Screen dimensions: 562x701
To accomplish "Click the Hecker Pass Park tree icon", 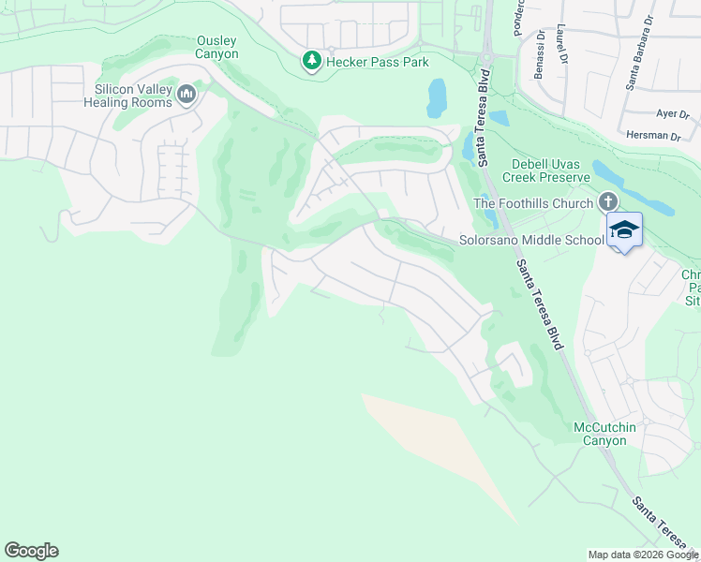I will pyautogui.click(x=311, y=62).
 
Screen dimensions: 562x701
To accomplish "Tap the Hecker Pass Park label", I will pyautogui.click(x=378, y=63).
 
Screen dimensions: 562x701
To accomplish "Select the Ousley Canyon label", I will pyautogui.click(x=216, y=47).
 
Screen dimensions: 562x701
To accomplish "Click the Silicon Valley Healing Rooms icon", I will pyautogui.click(x=186, y=95).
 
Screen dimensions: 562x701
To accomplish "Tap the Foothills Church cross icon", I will pyautogui.click(x=607, y=202).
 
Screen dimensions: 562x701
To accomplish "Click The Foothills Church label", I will pyautogui.click(x=533, y=203).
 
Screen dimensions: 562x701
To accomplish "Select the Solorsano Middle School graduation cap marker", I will pyautogui.click(x=624, y=229).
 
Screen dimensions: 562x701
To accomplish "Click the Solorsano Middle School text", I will pyautogui.click(x=531, y=240).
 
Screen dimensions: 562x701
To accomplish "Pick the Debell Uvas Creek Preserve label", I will pyautogui.click(x=545, y=170).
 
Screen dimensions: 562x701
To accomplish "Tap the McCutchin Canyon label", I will pyautogui.click(x=604, y=434).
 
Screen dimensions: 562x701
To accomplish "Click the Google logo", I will pyautogui.click(x=31, y=551).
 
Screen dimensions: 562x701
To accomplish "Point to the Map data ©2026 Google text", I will pyautogui.click(x=643, y=555).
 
